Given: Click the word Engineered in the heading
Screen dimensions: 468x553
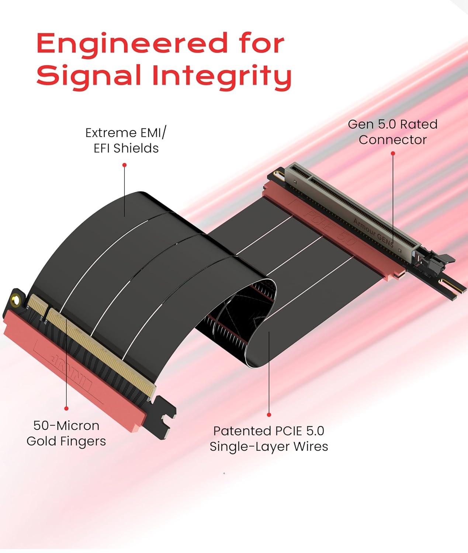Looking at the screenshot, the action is click(x=132, y=44).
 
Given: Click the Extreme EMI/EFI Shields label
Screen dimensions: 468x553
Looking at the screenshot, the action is click(x=126, y=140).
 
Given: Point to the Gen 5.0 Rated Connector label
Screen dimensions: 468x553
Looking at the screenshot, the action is click(x=392, y=132).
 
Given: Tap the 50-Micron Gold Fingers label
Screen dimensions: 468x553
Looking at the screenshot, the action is click(x=66, y=433).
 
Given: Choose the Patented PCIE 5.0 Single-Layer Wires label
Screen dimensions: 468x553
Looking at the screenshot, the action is click(x=269, y=438).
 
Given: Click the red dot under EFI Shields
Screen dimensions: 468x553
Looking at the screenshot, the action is click(x=125, y=165).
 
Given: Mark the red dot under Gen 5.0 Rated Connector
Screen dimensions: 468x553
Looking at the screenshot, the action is click(x=393, y=153).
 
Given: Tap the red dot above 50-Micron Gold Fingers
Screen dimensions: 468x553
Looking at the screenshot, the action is click(x=66, y=408).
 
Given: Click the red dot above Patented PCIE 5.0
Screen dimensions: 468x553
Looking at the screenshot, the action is click(x=269, y=415).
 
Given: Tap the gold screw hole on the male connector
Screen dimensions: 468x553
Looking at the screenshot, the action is click(x=15, y=300).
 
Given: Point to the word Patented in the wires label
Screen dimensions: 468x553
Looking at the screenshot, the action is click(x=242, y=431).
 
